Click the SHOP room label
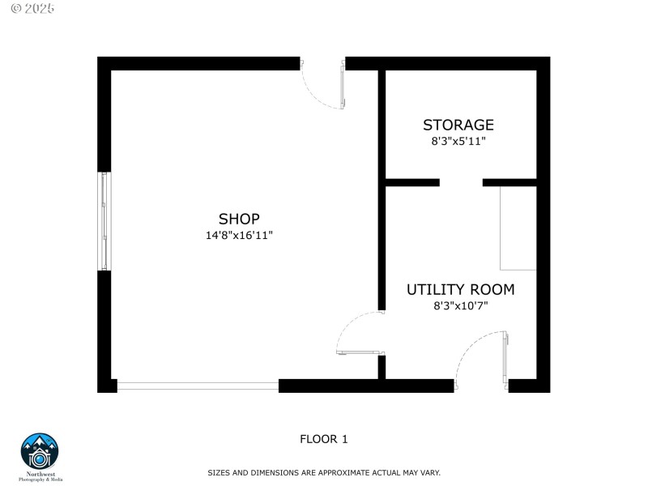[239, 219]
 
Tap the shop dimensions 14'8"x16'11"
[239, 236]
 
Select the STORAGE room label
[458, 125]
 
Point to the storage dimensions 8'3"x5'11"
[458, 141]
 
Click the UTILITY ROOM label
[460, 289]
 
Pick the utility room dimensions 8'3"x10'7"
[460, 305]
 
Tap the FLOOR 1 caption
[324, 439]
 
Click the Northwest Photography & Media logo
[40, 456]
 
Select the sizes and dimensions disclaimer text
[324, 472]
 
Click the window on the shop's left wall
[104, 221]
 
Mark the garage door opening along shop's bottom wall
[198, 386]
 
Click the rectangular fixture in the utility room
[518, 228]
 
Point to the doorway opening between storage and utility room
[461, 182]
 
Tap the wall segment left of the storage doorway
[412, 182]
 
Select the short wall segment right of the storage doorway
[509, 182]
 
